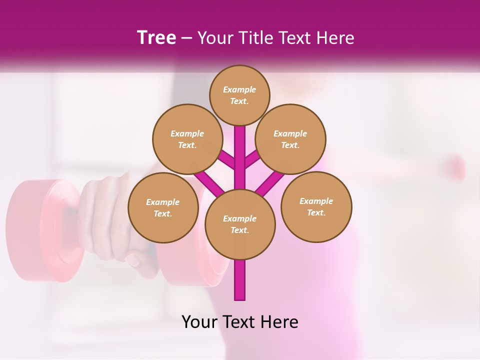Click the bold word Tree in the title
pyautogui.click(x=156, y=38)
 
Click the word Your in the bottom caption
pyautogui.click(x=200, y=322)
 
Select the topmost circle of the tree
pyautogui.click(x=239, y=95)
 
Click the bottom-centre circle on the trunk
pyautogui.click(x=240, y=224)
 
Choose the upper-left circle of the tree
pyautogui.click(x=187, y=139)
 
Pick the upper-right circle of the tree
pyautogui.click(x=290, y=139)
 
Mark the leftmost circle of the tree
pyautogui.click(x=163, y=207)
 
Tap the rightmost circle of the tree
pyautogui.click(x=316, y=206)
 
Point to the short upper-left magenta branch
pyautogui.click(x=226, y=160)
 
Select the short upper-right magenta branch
pyautogui.click(x=253, y=160)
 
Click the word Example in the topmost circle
pyautogui.click(x=239, y=89)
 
